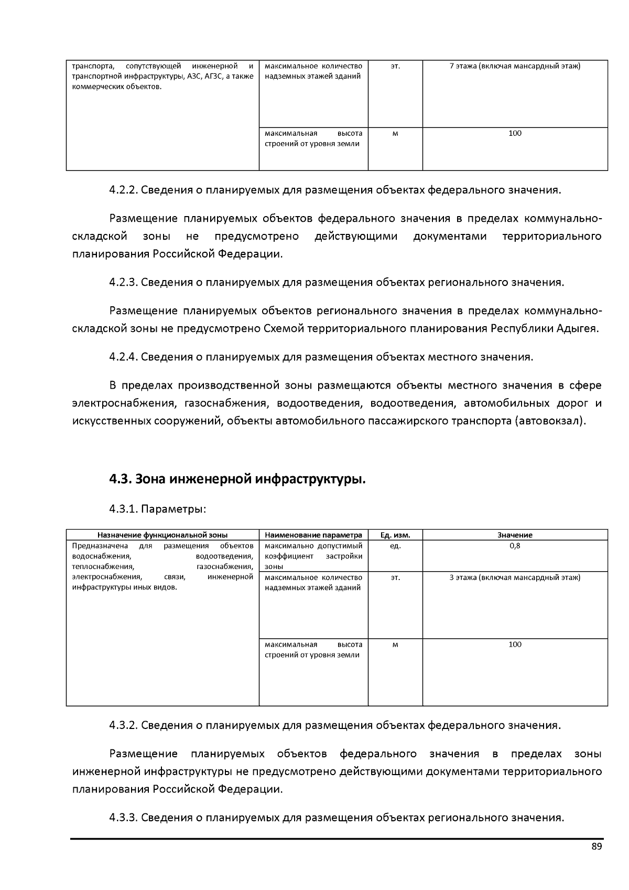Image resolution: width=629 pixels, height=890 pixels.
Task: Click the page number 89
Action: tap(597, 846)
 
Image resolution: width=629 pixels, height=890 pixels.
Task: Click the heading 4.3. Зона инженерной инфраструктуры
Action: tap(237, 479)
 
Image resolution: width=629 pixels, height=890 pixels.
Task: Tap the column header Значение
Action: tap(515, 535)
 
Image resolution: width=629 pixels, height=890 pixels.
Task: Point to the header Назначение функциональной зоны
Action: tap(162, 535)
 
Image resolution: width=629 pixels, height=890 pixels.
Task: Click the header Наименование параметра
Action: tap(313, 535)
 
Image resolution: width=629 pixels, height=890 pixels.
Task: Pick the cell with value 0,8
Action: tap(515, 546)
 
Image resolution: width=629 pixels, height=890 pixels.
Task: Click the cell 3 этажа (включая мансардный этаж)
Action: tap(515, 577)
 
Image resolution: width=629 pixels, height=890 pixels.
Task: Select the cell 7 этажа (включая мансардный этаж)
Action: tap(515, 66)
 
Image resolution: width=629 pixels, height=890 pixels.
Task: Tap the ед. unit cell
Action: tap(395, 546)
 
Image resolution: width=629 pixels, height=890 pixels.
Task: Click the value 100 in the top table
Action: tap(515, 133)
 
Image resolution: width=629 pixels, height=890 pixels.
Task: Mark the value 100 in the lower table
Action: tap(515, 645)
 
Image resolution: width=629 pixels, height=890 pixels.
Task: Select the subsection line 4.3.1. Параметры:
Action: tap(157, 509)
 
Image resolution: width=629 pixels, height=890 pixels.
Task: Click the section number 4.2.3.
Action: tap(123, 283)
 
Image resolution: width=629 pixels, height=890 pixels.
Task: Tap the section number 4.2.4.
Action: tap(123, 357)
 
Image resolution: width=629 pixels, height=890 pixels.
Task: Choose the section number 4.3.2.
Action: tap(123, 725)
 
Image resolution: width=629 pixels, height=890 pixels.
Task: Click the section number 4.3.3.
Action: tap(123, 818)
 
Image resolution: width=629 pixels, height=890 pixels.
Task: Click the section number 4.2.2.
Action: tap(123, 190)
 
